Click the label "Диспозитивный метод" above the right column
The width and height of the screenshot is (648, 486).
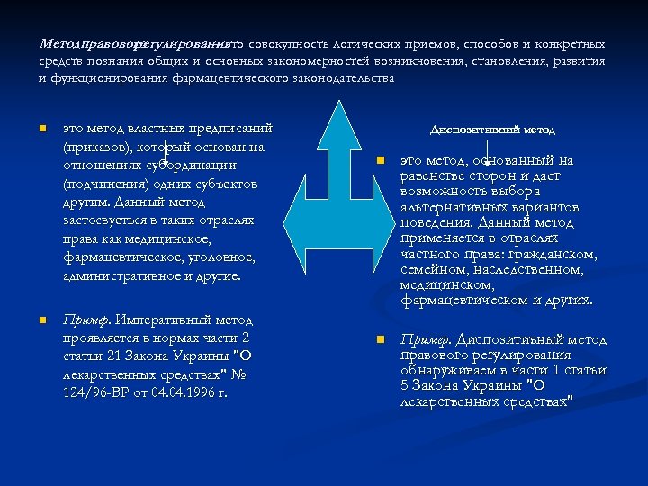coord(492,130)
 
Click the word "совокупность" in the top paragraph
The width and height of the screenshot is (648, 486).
coord(292,43)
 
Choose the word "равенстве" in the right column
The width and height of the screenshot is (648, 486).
coord(438,176)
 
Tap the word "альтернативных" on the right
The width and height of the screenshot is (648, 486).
coord(451,207)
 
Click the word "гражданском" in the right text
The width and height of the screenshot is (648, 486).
coord(546,254)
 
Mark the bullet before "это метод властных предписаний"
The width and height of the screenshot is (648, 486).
coord(42,129)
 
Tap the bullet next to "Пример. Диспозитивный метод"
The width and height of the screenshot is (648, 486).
coord(381,340)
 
